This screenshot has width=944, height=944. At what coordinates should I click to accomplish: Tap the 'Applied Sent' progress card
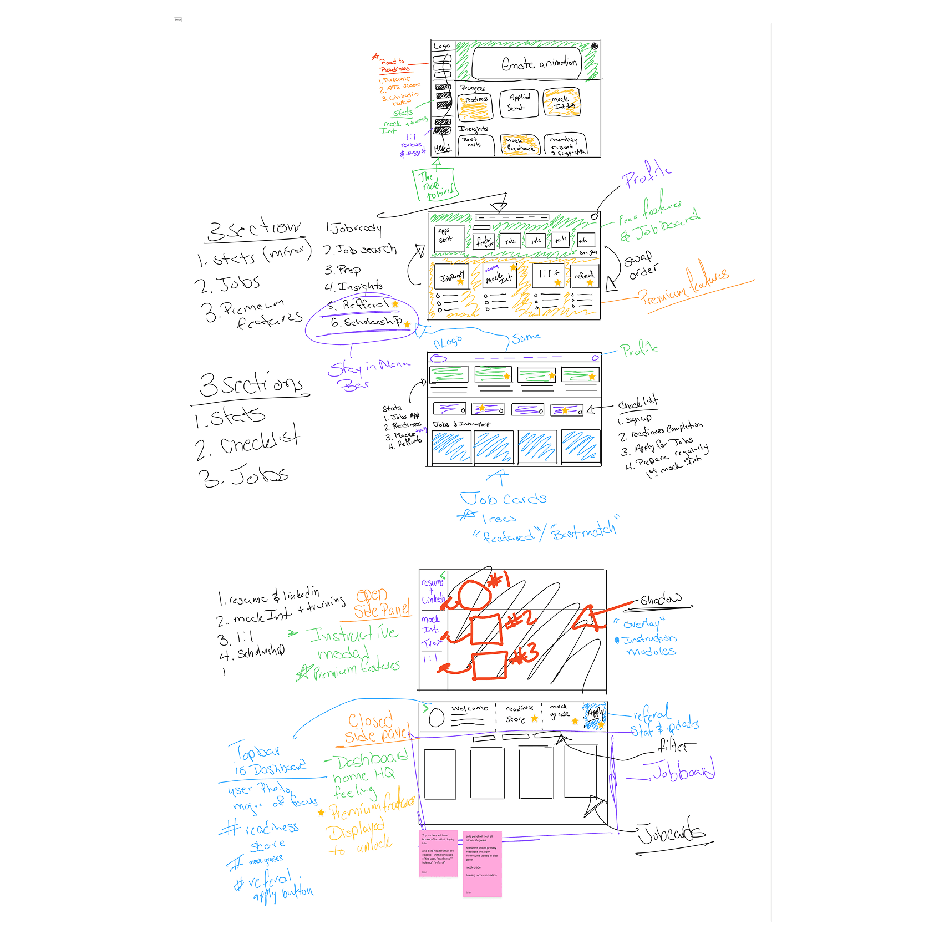(x=519, y=103)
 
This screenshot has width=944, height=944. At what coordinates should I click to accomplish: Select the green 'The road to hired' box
(x=435, y=185)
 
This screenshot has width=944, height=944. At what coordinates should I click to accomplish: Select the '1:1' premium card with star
(x=548, y=275)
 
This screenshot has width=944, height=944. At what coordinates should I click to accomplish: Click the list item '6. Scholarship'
(x=368, y=322)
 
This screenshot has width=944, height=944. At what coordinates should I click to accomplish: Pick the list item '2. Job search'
(x=361, y=250)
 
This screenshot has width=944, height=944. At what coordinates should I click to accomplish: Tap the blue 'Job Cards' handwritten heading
(x=504, y=499)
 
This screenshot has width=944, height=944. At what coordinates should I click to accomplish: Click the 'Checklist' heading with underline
(x=638, y=403)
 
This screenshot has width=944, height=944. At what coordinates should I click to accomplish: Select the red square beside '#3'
(x=489, y=666)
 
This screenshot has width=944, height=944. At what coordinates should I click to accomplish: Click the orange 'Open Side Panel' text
(x=382, y=603)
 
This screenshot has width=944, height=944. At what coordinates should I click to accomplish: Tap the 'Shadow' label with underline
(x=660, y=600)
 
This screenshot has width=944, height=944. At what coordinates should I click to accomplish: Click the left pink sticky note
(x=438, y=854)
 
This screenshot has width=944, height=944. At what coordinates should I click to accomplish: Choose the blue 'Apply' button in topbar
(x=595, y=715)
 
